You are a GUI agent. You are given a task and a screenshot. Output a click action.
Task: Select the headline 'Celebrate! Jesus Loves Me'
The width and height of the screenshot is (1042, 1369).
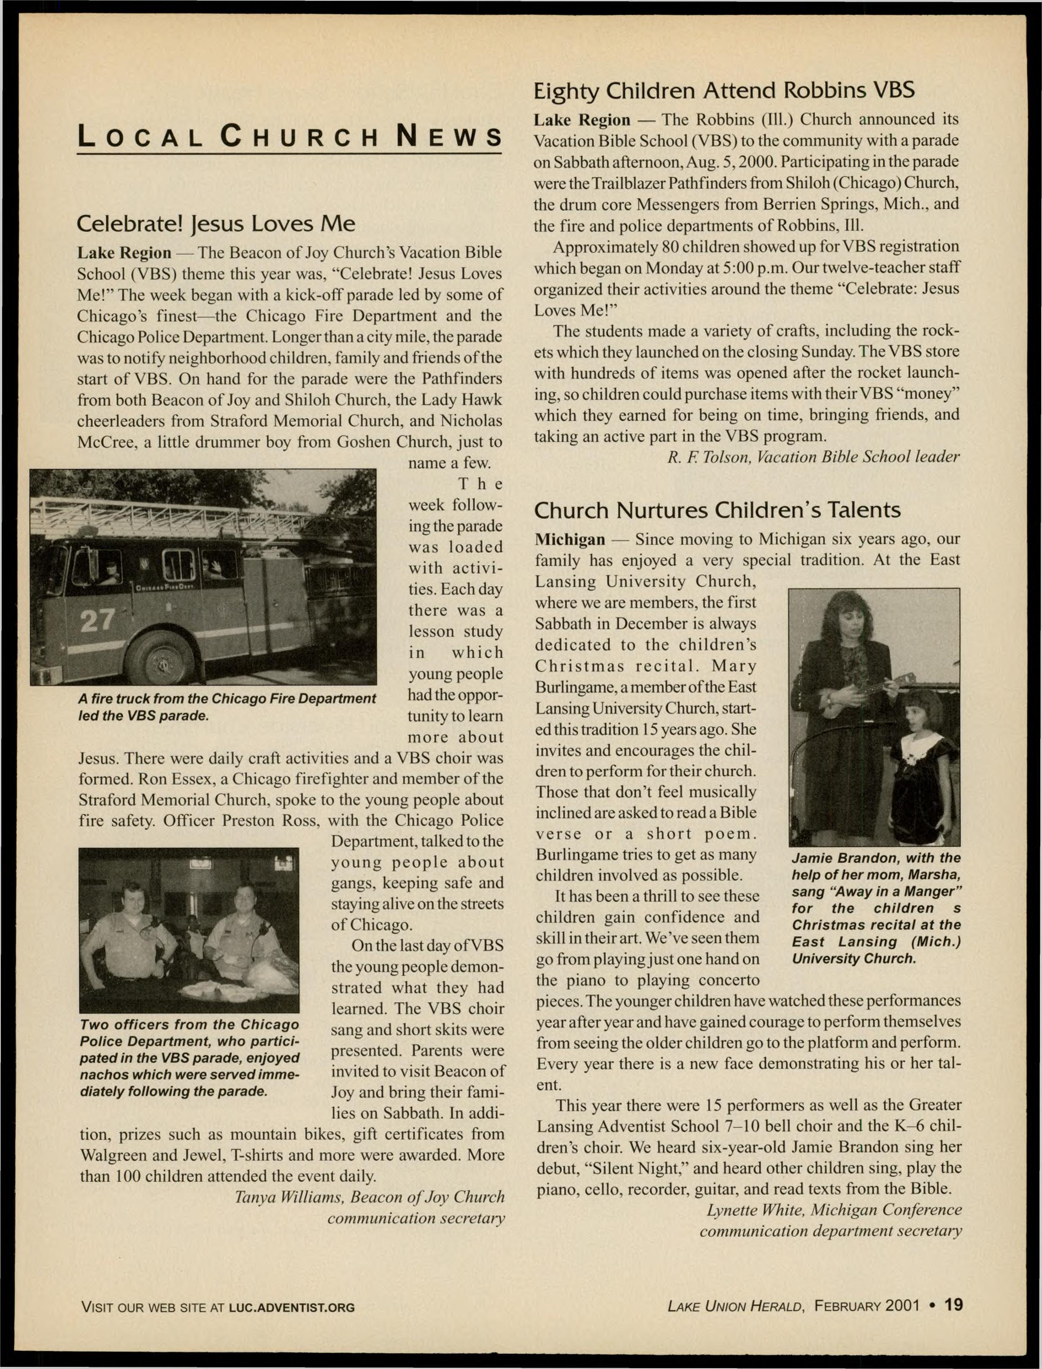pos(216,223)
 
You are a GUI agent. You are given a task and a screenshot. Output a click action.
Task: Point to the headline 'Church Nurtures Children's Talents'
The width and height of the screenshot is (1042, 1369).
pos(717,510)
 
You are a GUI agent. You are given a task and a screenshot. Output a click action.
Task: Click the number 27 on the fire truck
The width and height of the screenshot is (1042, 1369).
pos(97,619)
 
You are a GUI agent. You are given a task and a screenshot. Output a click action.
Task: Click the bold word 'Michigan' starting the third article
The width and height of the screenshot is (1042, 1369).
pos(570,539)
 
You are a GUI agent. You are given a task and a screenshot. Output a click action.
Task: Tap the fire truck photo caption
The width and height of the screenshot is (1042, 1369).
pos(227,707)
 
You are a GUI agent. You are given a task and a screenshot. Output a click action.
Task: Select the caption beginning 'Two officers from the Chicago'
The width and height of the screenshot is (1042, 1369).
pos(189,1058)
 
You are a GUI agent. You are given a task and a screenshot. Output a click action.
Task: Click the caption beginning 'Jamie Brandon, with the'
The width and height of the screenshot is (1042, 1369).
pos(876,908)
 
